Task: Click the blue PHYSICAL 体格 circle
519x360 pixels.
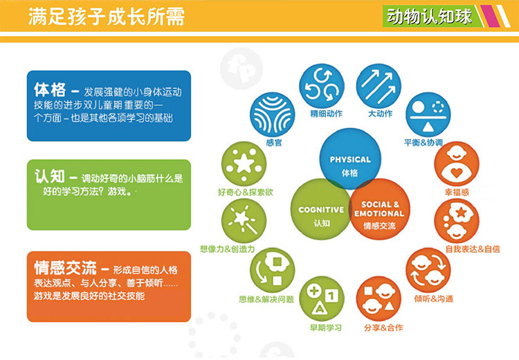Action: [x=350, y=159]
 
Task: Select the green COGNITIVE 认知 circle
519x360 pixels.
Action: [x=320, y=209]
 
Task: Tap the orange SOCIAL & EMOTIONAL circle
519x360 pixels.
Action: [x=380, y=209]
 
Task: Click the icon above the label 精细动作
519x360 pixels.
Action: [x=321, y=86]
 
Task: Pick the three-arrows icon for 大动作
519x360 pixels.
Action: [x=379, y=86]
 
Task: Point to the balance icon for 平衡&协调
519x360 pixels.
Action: [x=428, y=115]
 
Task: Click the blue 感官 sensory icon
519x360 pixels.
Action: [x=272, y=115]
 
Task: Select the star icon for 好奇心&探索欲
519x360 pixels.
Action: [x=244, y=164]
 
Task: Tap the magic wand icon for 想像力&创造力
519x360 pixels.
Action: [x=244, y=221]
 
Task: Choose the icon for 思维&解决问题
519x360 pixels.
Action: [x=272, y=270]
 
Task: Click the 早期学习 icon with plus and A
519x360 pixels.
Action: [x=321, y=298]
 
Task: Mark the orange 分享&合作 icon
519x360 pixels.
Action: [x=379, y=298]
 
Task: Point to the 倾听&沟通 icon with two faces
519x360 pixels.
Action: [x=428, y=270]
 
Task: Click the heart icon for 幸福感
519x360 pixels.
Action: [x=457, y=164]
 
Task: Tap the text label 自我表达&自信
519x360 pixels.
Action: [x=473, y=249]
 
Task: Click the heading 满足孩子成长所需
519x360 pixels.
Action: [x=107, y=17]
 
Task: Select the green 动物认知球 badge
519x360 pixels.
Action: [x=431, y=16]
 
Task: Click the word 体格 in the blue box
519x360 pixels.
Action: [x=50, y=90]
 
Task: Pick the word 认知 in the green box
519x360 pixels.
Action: [x=50, y=176]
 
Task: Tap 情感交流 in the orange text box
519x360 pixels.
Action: [x=66, y=268]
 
